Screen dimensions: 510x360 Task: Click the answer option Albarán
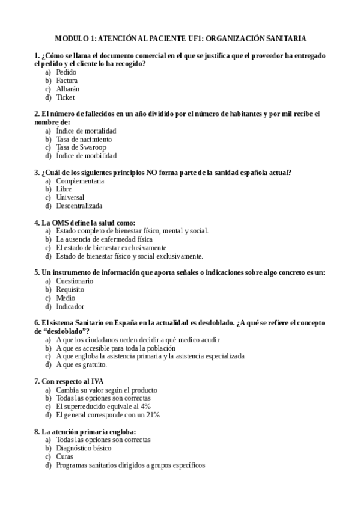click(67, 89)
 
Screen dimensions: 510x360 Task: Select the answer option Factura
click(67, 81)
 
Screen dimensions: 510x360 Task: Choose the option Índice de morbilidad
click(86, 156)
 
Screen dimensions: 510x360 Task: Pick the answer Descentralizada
click(79, 206)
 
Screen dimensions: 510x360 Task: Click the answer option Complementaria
click(80, 180)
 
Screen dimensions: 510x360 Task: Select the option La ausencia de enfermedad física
click(96, 239)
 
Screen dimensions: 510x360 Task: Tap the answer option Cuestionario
click(75, 281)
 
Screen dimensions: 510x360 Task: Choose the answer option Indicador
click(70, 306)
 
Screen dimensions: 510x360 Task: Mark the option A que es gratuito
click(81, 364)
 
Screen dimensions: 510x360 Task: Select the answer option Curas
click(65, 456)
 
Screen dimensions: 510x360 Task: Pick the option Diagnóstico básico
click(84, 448)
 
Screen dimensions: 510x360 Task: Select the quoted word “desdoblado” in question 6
click(64, 331)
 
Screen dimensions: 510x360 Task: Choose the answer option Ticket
click(65, 97)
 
